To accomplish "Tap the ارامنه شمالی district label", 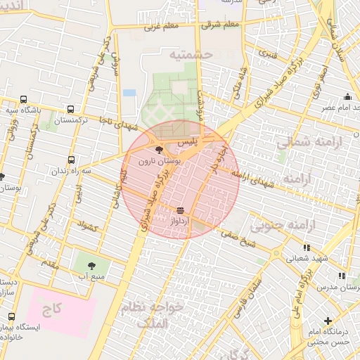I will pos(303,142).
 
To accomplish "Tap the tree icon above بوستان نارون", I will pos(157,150).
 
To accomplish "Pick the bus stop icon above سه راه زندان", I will pos(70,160).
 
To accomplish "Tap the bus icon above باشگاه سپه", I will pos(24,99).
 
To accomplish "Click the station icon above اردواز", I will pos(181,210).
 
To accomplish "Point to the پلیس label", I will pos(187,142).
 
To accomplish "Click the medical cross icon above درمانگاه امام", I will pos(328,321).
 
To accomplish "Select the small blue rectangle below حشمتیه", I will pos(129,92).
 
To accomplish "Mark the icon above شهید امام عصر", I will pos(347,97).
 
